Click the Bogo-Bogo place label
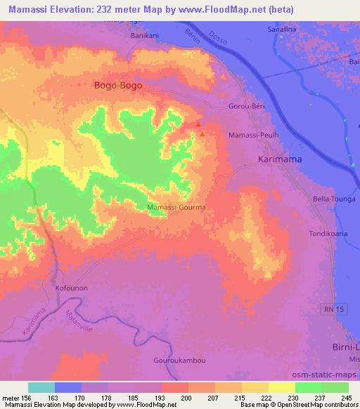(118, 86)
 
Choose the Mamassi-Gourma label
(176, 208)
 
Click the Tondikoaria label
(330, 233)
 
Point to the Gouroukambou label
(179, 360)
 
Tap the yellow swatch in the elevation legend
(282, 387)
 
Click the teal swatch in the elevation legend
(41, 387)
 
